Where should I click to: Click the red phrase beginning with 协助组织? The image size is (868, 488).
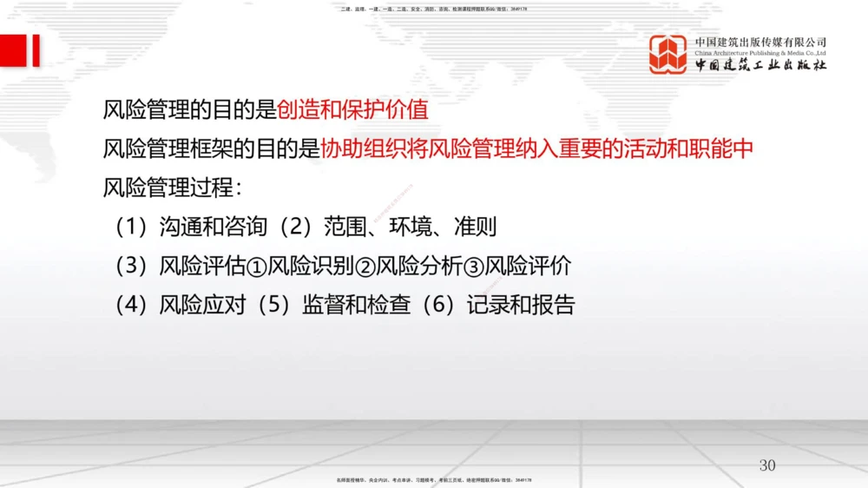536,148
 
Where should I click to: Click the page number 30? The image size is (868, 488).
767,465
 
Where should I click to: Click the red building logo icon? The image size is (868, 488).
668,54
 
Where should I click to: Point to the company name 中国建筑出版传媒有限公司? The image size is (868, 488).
760,42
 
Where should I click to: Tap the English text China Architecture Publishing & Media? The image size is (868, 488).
760,53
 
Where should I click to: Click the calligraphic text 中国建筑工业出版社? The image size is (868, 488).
760,66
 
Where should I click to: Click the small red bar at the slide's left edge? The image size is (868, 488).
35,51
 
